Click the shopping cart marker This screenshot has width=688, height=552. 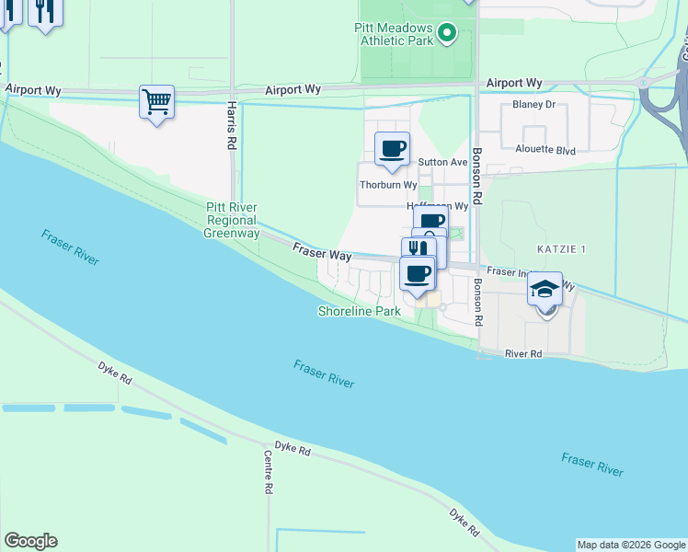pyautogui.click(x=156, y=101)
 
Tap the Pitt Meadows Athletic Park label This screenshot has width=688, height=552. pyautogui.click(x=393, y=35)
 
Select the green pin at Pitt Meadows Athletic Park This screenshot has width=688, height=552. pyautogui.click(x=447, y=35)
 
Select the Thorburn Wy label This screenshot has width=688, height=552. pyautogui.click(x=382, y=184)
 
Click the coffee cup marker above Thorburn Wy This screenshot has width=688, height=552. pyautogui.click(x=393, y=148)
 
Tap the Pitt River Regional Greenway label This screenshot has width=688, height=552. pyautogui.click(x=231, y=220)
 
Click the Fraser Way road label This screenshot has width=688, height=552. pyautogui.click(x=322, y=251)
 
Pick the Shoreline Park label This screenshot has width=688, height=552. pyautogui.click(x=359, y=312)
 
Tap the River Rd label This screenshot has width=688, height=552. pyautogui.click(x=523, y=353)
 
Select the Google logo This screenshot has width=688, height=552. pyautogui.click(x=30, y=541)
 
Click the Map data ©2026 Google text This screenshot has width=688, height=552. pyautogui.click(x=631, y=545)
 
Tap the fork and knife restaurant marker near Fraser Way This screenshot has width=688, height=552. pyautogui.click(x=419, y=249)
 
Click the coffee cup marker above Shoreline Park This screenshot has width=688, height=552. pyautogui.click(x=419, y=273)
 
